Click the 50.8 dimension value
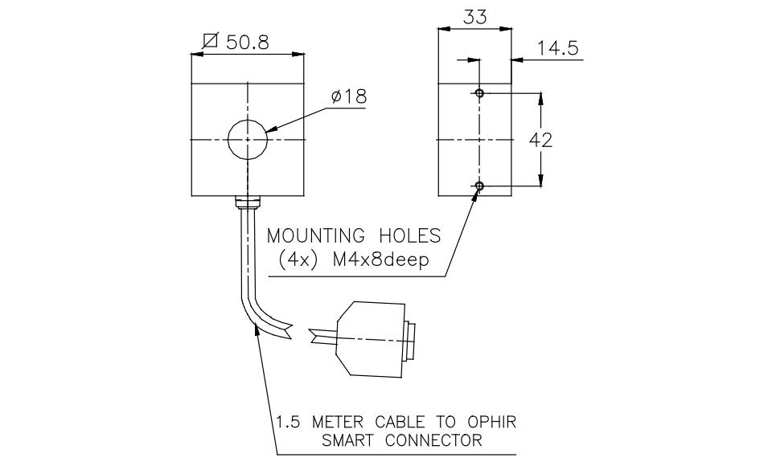point(248,43)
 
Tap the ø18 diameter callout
point(348,96)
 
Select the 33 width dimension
point(475,17)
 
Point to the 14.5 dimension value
point(557,49)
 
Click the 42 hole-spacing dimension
point(540,141)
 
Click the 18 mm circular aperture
point(248,140)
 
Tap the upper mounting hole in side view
point(479,92)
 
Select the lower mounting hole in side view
point(479,186)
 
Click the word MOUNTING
point(316,235)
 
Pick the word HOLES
point(410,235)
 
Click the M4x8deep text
point(380,260)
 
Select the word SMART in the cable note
point(351,440)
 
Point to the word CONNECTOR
point(433,440)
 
